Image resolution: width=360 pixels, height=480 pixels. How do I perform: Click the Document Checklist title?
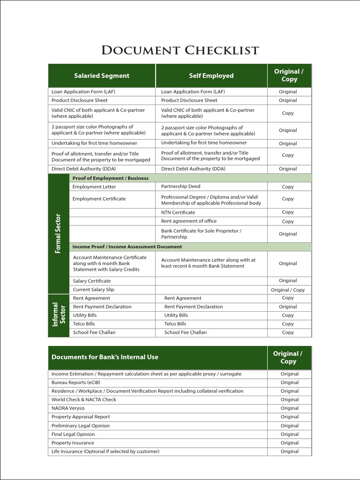coord(180,50)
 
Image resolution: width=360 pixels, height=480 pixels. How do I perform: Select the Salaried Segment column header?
coord(102,75)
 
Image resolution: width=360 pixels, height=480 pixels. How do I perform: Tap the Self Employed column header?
coord(211,75)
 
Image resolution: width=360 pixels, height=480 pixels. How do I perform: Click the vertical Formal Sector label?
coord(58,233)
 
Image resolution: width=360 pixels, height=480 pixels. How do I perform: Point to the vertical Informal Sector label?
coord(59,315)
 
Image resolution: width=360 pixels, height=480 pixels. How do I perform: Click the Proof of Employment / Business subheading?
coord(110,178)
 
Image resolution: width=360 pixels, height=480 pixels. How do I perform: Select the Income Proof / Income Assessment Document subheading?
coord(127,247)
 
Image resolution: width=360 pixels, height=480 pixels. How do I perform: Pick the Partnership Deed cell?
coord(180,187)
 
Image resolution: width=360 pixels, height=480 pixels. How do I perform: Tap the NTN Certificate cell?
coord(178,212)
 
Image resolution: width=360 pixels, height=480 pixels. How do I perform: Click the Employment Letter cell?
coord(94,187)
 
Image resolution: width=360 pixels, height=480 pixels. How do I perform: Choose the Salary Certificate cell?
coord(92,281)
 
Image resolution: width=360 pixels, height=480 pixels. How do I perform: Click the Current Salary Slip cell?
coord(93,289)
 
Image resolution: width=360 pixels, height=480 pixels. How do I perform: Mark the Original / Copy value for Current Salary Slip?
coord(288,290)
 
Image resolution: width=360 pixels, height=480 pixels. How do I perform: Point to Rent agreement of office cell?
coord(189,221)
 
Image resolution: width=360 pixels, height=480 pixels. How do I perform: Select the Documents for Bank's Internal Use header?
coord(105,357)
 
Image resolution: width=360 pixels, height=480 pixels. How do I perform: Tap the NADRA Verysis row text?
coord(68,408)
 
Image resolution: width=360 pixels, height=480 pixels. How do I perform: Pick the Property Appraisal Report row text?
coord(81,417)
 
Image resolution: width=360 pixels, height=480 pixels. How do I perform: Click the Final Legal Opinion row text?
coord(73,434)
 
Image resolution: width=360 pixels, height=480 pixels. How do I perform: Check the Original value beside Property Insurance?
coord(289,443)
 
